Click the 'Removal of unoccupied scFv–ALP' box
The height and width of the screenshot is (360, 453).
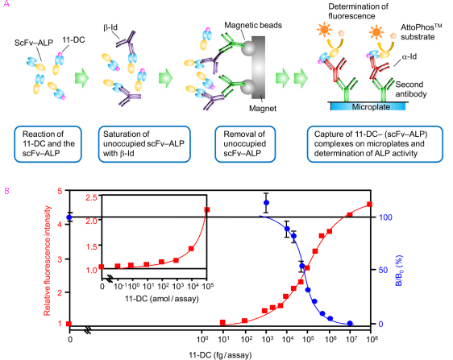click(x=245, y=144)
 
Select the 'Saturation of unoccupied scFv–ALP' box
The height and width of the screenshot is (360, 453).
click(x=144, y=144)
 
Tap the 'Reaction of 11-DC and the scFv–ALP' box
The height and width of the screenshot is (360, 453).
click(x=48, y=144)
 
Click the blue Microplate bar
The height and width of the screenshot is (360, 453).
click(x=368, y=106)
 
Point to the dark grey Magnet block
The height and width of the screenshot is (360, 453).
click(x=258, y=68)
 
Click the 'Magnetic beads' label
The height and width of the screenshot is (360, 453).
click(x=253, y=26)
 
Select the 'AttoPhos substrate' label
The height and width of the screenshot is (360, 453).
click(x=421, y=32)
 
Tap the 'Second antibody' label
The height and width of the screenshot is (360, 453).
click(x=411, y=89)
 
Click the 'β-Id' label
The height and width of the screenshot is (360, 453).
click(x=110, y=27)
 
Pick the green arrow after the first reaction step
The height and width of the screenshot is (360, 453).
click(x=81, y=78)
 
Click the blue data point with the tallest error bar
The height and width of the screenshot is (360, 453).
click(x=266, y=203)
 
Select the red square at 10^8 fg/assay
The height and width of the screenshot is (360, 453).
click(x=369, y=205)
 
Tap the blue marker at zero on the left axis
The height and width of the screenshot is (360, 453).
click(x=69, y=217)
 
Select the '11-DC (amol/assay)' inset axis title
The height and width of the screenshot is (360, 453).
click(x=162, y=299)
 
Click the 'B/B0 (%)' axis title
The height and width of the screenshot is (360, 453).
click(x=399, y=271)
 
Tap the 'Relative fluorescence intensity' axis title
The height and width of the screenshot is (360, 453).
click(x=47, y=261)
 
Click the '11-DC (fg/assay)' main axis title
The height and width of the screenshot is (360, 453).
click(x=220, y=355)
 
